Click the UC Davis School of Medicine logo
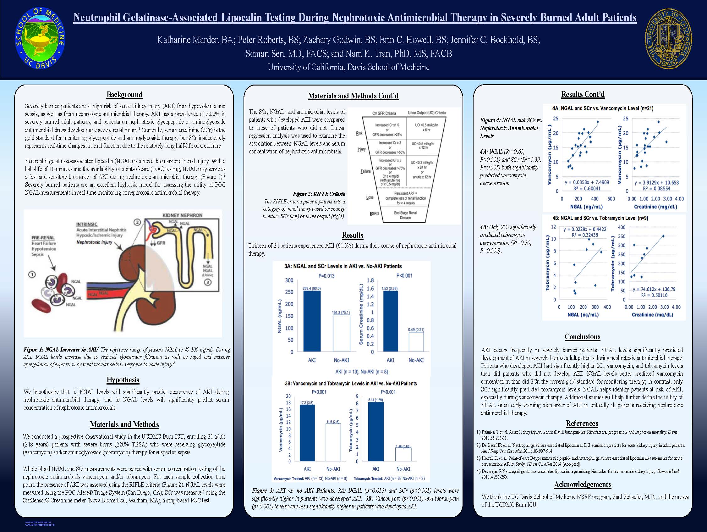tap(40, 39)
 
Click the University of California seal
tap(668, 39)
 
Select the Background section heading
tap(124, 95)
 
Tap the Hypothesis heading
tap(123, 380)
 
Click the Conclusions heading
tap(582, 337)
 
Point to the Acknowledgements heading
tap(582, 485)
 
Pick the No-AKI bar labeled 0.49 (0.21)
tap(416, 342)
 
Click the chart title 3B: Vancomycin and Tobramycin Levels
tap(351, 384)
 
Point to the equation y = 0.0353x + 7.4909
tap(587, 182)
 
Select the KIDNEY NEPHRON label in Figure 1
tap(182, 215)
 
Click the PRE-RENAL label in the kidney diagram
tap(43, 238)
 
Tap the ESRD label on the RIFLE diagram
tap(374, 214)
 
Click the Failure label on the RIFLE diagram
tap(365, 171)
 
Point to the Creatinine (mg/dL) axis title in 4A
tap(655, 207)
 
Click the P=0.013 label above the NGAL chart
tap(326, 276)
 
